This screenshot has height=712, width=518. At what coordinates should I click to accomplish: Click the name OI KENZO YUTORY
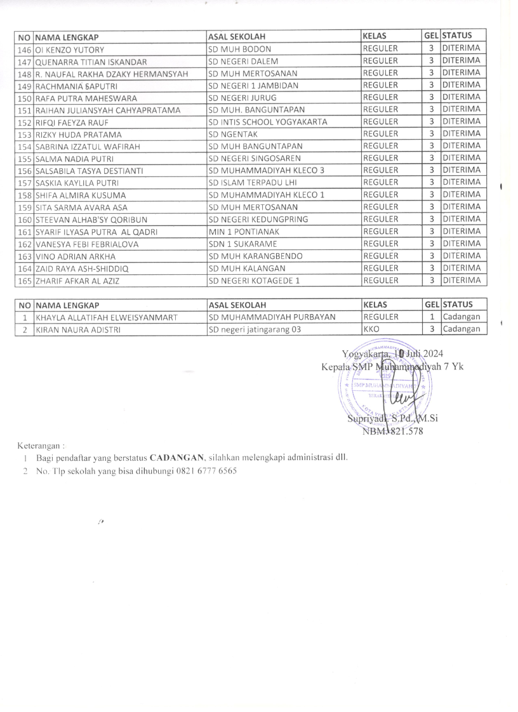pyautogui.click(x=70, y=49)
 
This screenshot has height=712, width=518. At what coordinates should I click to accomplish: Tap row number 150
pyautogui.click(x=25, y=98)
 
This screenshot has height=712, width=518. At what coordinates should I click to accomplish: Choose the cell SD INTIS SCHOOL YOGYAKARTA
pyautogui.click(x=268, y=122)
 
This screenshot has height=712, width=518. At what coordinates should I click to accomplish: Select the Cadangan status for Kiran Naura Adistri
pyautogui.click(x=462, y=329)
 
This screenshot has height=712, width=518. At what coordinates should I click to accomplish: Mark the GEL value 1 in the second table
pyautogui.click(x=431, y=317)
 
